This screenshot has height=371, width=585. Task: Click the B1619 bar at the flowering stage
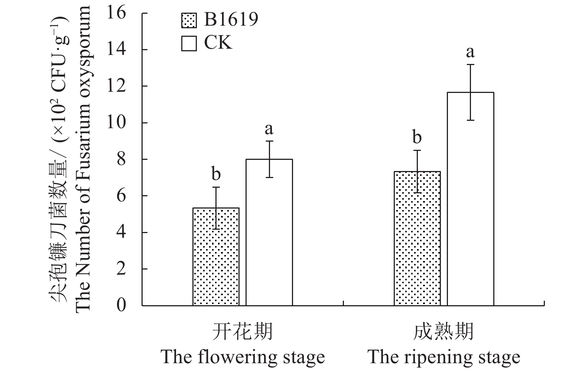coord(216,257)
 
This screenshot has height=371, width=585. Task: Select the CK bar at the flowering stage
coord(269,232)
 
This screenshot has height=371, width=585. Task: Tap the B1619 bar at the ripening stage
coord(417,238)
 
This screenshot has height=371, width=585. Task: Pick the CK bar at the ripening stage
coord(470,199)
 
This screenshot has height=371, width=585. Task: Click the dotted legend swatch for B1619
coord(189,20)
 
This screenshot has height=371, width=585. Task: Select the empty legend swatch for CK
coord(189,43)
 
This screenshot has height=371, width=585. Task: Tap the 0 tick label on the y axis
coord(121,306)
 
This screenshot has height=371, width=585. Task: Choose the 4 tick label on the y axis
coord(121,233)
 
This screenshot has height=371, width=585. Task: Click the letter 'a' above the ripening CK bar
coord(470,52)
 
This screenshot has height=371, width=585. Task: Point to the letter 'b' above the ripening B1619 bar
coord(417,137)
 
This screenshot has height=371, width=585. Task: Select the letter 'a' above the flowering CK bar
coord(269,129)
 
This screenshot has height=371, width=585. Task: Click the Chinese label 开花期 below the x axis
coord(243,331)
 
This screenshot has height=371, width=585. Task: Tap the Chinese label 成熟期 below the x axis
coord(443,331)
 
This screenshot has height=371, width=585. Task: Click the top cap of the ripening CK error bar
coord(470,65)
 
